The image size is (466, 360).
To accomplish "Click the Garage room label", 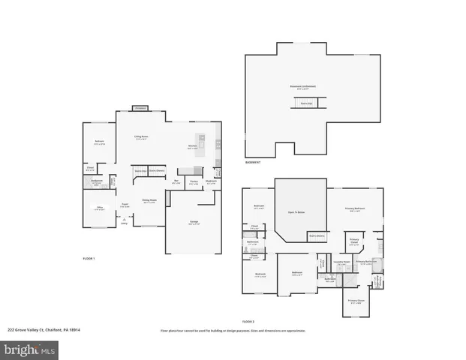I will [x=194, y=222].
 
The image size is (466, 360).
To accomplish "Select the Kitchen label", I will [x=192, y=147].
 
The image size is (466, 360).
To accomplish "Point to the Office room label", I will [x=99, y=209].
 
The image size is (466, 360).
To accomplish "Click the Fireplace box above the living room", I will [x=140, y=109].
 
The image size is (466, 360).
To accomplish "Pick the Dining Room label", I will [x=149, y=200].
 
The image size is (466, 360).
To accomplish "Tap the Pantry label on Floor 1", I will [x=194, y=181].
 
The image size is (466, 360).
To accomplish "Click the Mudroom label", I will [x=212, y=181].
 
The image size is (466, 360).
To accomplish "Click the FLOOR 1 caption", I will [x=89, y=258].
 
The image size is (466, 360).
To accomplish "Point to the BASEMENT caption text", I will [x=254, y=163].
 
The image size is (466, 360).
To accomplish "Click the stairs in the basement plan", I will [x=306, y=103].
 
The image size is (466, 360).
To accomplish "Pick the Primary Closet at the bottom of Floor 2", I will [x=356, y=301].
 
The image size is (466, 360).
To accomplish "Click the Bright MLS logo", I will [x=30, y=349].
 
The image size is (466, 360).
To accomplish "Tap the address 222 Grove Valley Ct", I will [x=44, y=330].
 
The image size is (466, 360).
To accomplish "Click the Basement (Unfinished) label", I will [x=303, y=86].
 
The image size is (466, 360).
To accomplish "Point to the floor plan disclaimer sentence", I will [x=233, y=330].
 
